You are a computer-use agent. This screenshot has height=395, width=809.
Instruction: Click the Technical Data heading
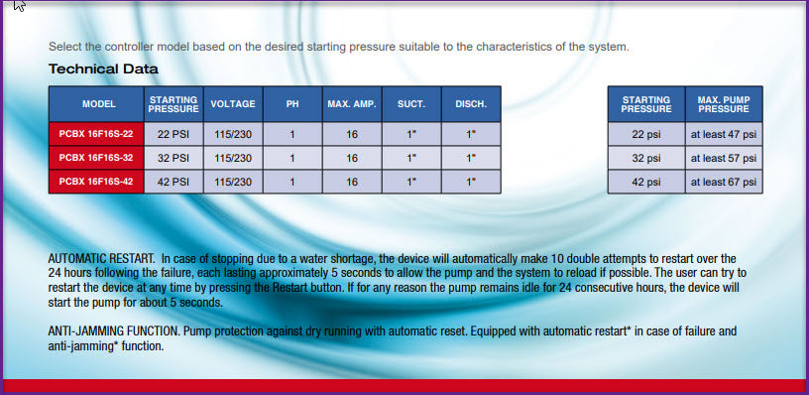pyautogui.click(x=103, y=68)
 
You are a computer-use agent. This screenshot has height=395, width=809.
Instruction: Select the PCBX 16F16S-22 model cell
pyautogui.click(x=96, y=134)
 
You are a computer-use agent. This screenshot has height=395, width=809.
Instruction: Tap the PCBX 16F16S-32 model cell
pyautogui.click(x=96, y=158)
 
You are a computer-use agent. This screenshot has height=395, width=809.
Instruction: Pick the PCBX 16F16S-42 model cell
pyautogui.click(x=96, y=182)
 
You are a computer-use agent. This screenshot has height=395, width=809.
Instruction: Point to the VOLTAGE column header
pyautogui.click(x=233, y=104)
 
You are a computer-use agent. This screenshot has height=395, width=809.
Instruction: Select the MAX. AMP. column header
pyautogui.click(x=352, y=104)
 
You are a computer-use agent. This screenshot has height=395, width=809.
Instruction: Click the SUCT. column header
pyautogui.click(x=411, y=104)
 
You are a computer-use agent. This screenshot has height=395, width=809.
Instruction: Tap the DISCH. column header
pyautogui.click(x=471, y=104)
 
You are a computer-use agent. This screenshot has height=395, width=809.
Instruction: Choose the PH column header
pyautogui.click(x=292, y=104)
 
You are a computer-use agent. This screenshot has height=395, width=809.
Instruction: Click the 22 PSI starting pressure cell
pyautogui.click(x=173, y=134)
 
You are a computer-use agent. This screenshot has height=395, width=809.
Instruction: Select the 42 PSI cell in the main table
pyautogui.click(x=173, y=182)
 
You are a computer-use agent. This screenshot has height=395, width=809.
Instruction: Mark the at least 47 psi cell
pyautogui.click(x=724, y=134)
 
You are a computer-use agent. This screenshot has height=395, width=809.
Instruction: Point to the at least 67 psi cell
pyautogui.click(x=724, y=182)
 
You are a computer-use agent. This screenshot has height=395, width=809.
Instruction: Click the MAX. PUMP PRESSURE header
pyautogui.click(x=724, y=104)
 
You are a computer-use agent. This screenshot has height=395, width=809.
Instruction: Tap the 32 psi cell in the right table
pyautogui.click(x=646, y=158)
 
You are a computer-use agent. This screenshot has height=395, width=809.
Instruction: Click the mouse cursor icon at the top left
pyautogui.click(x=20, y=5)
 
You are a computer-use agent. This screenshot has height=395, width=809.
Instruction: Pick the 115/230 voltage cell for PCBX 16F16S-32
pyautogui.click(x=233, y=158)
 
